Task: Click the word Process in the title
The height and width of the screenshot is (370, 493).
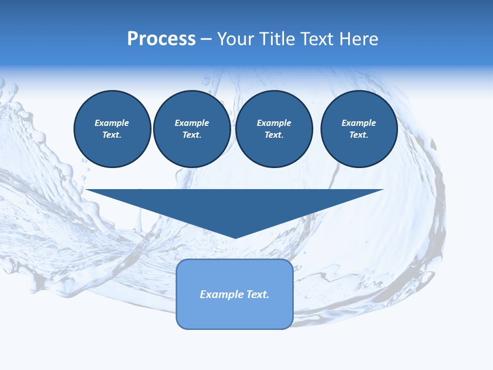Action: [x=161, y=39]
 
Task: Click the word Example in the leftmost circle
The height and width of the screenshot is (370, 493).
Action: [x=112, y=123]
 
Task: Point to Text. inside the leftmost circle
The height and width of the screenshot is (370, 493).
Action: [x=112, y=135]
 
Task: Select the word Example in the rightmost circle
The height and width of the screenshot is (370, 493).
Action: [x=359, y=123]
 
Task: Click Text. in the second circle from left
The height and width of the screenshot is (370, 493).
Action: [x=192, y=135]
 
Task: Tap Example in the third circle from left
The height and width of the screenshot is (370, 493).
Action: [x=274, y=123]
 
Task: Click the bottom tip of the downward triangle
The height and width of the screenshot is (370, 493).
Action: [x=235, y=237]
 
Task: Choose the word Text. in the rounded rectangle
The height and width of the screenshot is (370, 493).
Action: [x=257, y=294]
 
